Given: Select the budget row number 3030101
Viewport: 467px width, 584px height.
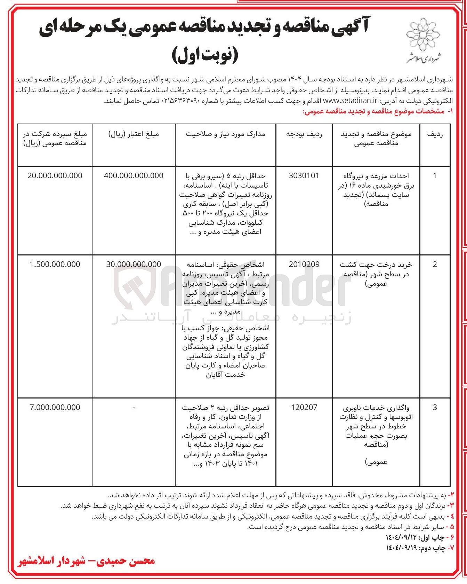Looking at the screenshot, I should tap(304, 176).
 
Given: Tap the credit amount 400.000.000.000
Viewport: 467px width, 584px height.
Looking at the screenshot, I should tap(134, 176).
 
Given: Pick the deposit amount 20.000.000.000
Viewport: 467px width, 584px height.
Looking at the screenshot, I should tap(55, 176).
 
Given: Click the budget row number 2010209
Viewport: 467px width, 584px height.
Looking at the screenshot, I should tap(304, 265).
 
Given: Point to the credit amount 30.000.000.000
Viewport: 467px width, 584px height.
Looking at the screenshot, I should tap(134, 265).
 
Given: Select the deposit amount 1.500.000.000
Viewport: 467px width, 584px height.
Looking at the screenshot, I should tap(55, 265).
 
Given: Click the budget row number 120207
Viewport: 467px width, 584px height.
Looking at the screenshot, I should tap(304, 407).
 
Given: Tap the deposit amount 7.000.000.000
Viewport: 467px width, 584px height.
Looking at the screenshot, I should tap(55, 407).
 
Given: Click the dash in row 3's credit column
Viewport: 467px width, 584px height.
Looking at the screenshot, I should tap(134, 407).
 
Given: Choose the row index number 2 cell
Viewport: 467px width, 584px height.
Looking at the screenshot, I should tap(435, 265).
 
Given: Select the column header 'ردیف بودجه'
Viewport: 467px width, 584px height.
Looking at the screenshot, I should tap(304, 134).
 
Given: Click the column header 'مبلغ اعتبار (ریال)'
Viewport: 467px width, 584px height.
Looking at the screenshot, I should tap(134, 134).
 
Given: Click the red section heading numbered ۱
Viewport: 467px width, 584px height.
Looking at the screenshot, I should tap(377, 111).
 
